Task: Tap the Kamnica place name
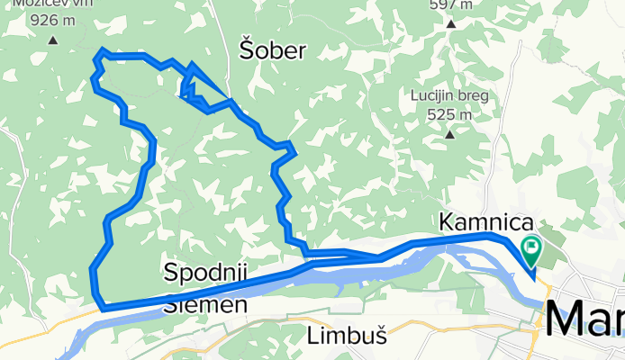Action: (x=485, y=221)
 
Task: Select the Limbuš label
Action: (x=347, y=337)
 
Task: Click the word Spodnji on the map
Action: (x=206, y=272)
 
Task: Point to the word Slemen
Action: (x=206, y=305)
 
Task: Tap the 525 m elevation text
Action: (x=450, y=114)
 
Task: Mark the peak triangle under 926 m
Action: (x=52, y=39)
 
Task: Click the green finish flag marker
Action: (x=531, y=245)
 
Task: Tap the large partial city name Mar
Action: (x=584, y=319)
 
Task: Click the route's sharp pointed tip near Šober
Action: (x=192, y=65)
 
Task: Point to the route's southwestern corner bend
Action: (x=102, y=307)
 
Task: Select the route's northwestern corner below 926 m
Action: (x=103, y=50)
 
